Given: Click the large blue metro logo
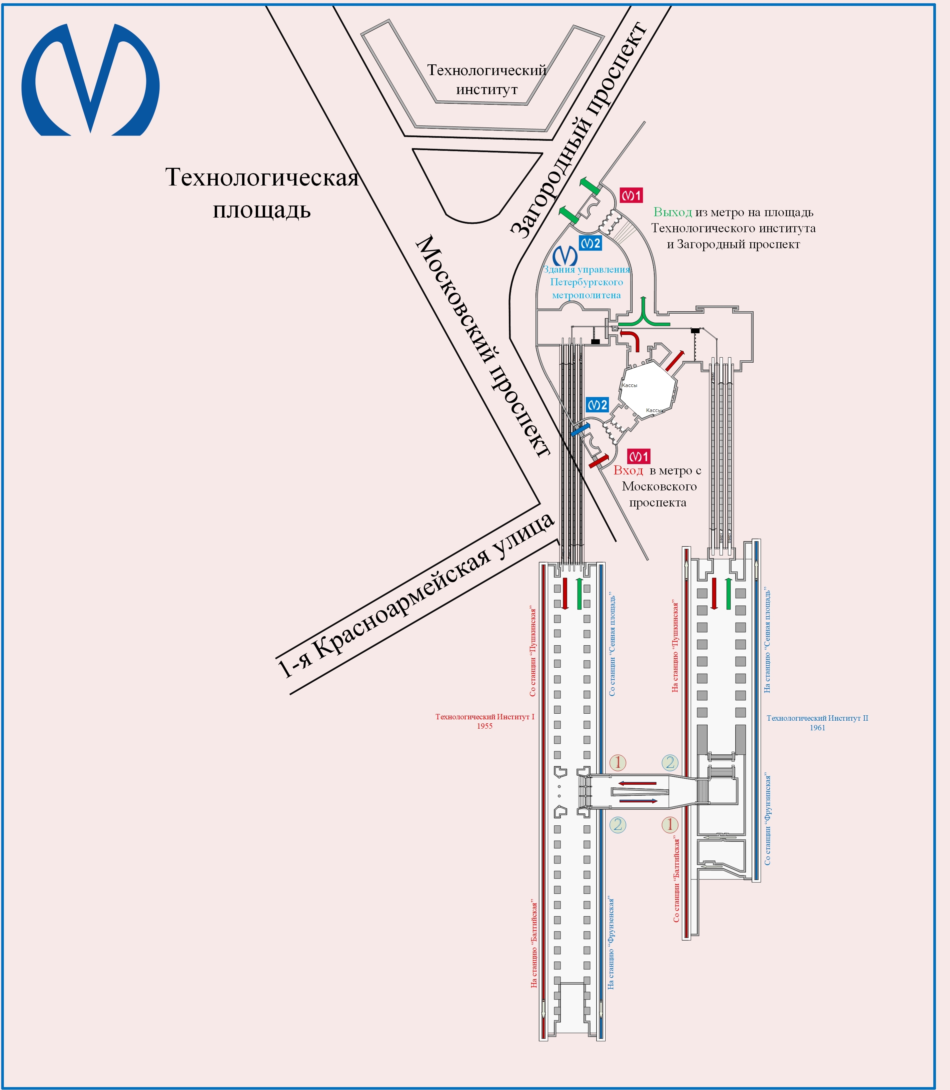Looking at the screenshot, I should [x=90, y=79].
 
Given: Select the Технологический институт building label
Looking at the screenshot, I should [x=487, y=79].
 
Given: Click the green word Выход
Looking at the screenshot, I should [x=672, y=212].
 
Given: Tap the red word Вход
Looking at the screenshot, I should [x=628, y=470].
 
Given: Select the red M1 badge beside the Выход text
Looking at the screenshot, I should [x=631, y=195].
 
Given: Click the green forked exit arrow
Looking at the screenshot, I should [x=644, y=316].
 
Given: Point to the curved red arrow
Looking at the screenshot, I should [x=631, y=338].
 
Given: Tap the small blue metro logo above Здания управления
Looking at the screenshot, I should [x=565, y=256].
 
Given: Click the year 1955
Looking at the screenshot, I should [x=485, y=726].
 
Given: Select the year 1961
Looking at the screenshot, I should [x=817, y=728].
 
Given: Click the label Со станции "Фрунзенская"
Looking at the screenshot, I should [x=768, y=819].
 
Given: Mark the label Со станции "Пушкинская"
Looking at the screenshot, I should [x=533, y=652].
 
